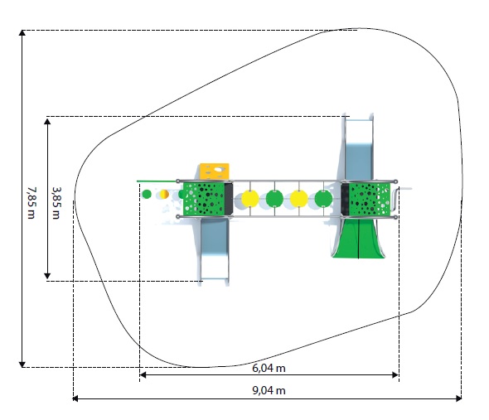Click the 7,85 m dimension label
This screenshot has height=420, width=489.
pyautogui.click(x=31, y=203)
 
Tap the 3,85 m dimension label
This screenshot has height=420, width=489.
pyautogui.click(x=56, y=203)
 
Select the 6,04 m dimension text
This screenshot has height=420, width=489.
pyautogui.click(x=269, y=369)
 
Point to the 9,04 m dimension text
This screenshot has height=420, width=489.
pyautogui.click(x=269, y=390)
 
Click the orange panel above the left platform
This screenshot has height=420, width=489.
pyautogui.click(x=215, y=171)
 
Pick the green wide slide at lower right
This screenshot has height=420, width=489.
pyautogui.click(x=359, y=239)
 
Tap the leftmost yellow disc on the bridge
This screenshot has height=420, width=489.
pyautogui.click(x=250, y=199)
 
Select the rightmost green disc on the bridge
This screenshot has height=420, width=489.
pyautogui.click(x=323, y=199)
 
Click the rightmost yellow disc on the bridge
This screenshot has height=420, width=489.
pyautogui.click(x=298, y=199)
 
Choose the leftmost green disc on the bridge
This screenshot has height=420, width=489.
pyautogui.click(x=274, y=199)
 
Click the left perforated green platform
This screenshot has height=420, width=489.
pyautogui.click(x=204, y=199)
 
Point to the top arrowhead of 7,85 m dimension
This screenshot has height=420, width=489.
pyautogui.click(x=22, y=32)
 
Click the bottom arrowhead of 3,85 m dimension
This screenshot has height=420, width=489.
pyautogui.click(x=47, y=276)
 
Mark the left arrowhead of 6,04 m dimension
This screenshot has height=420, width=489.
pyautogui.click(x=143, y=374)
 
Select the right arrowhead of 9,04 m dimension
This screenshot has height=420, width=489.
pyautogui.click(x=459, y=398)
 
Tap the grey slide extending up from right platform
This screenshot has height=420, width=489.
pyautogui.click(x=359, y=147)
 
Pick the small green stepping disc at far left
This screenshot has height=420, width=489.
pyautogui.click(x=147, y=194)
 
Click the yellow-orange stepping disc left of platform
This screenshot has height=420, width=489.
pyautogui.click(x=164, y=194)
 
